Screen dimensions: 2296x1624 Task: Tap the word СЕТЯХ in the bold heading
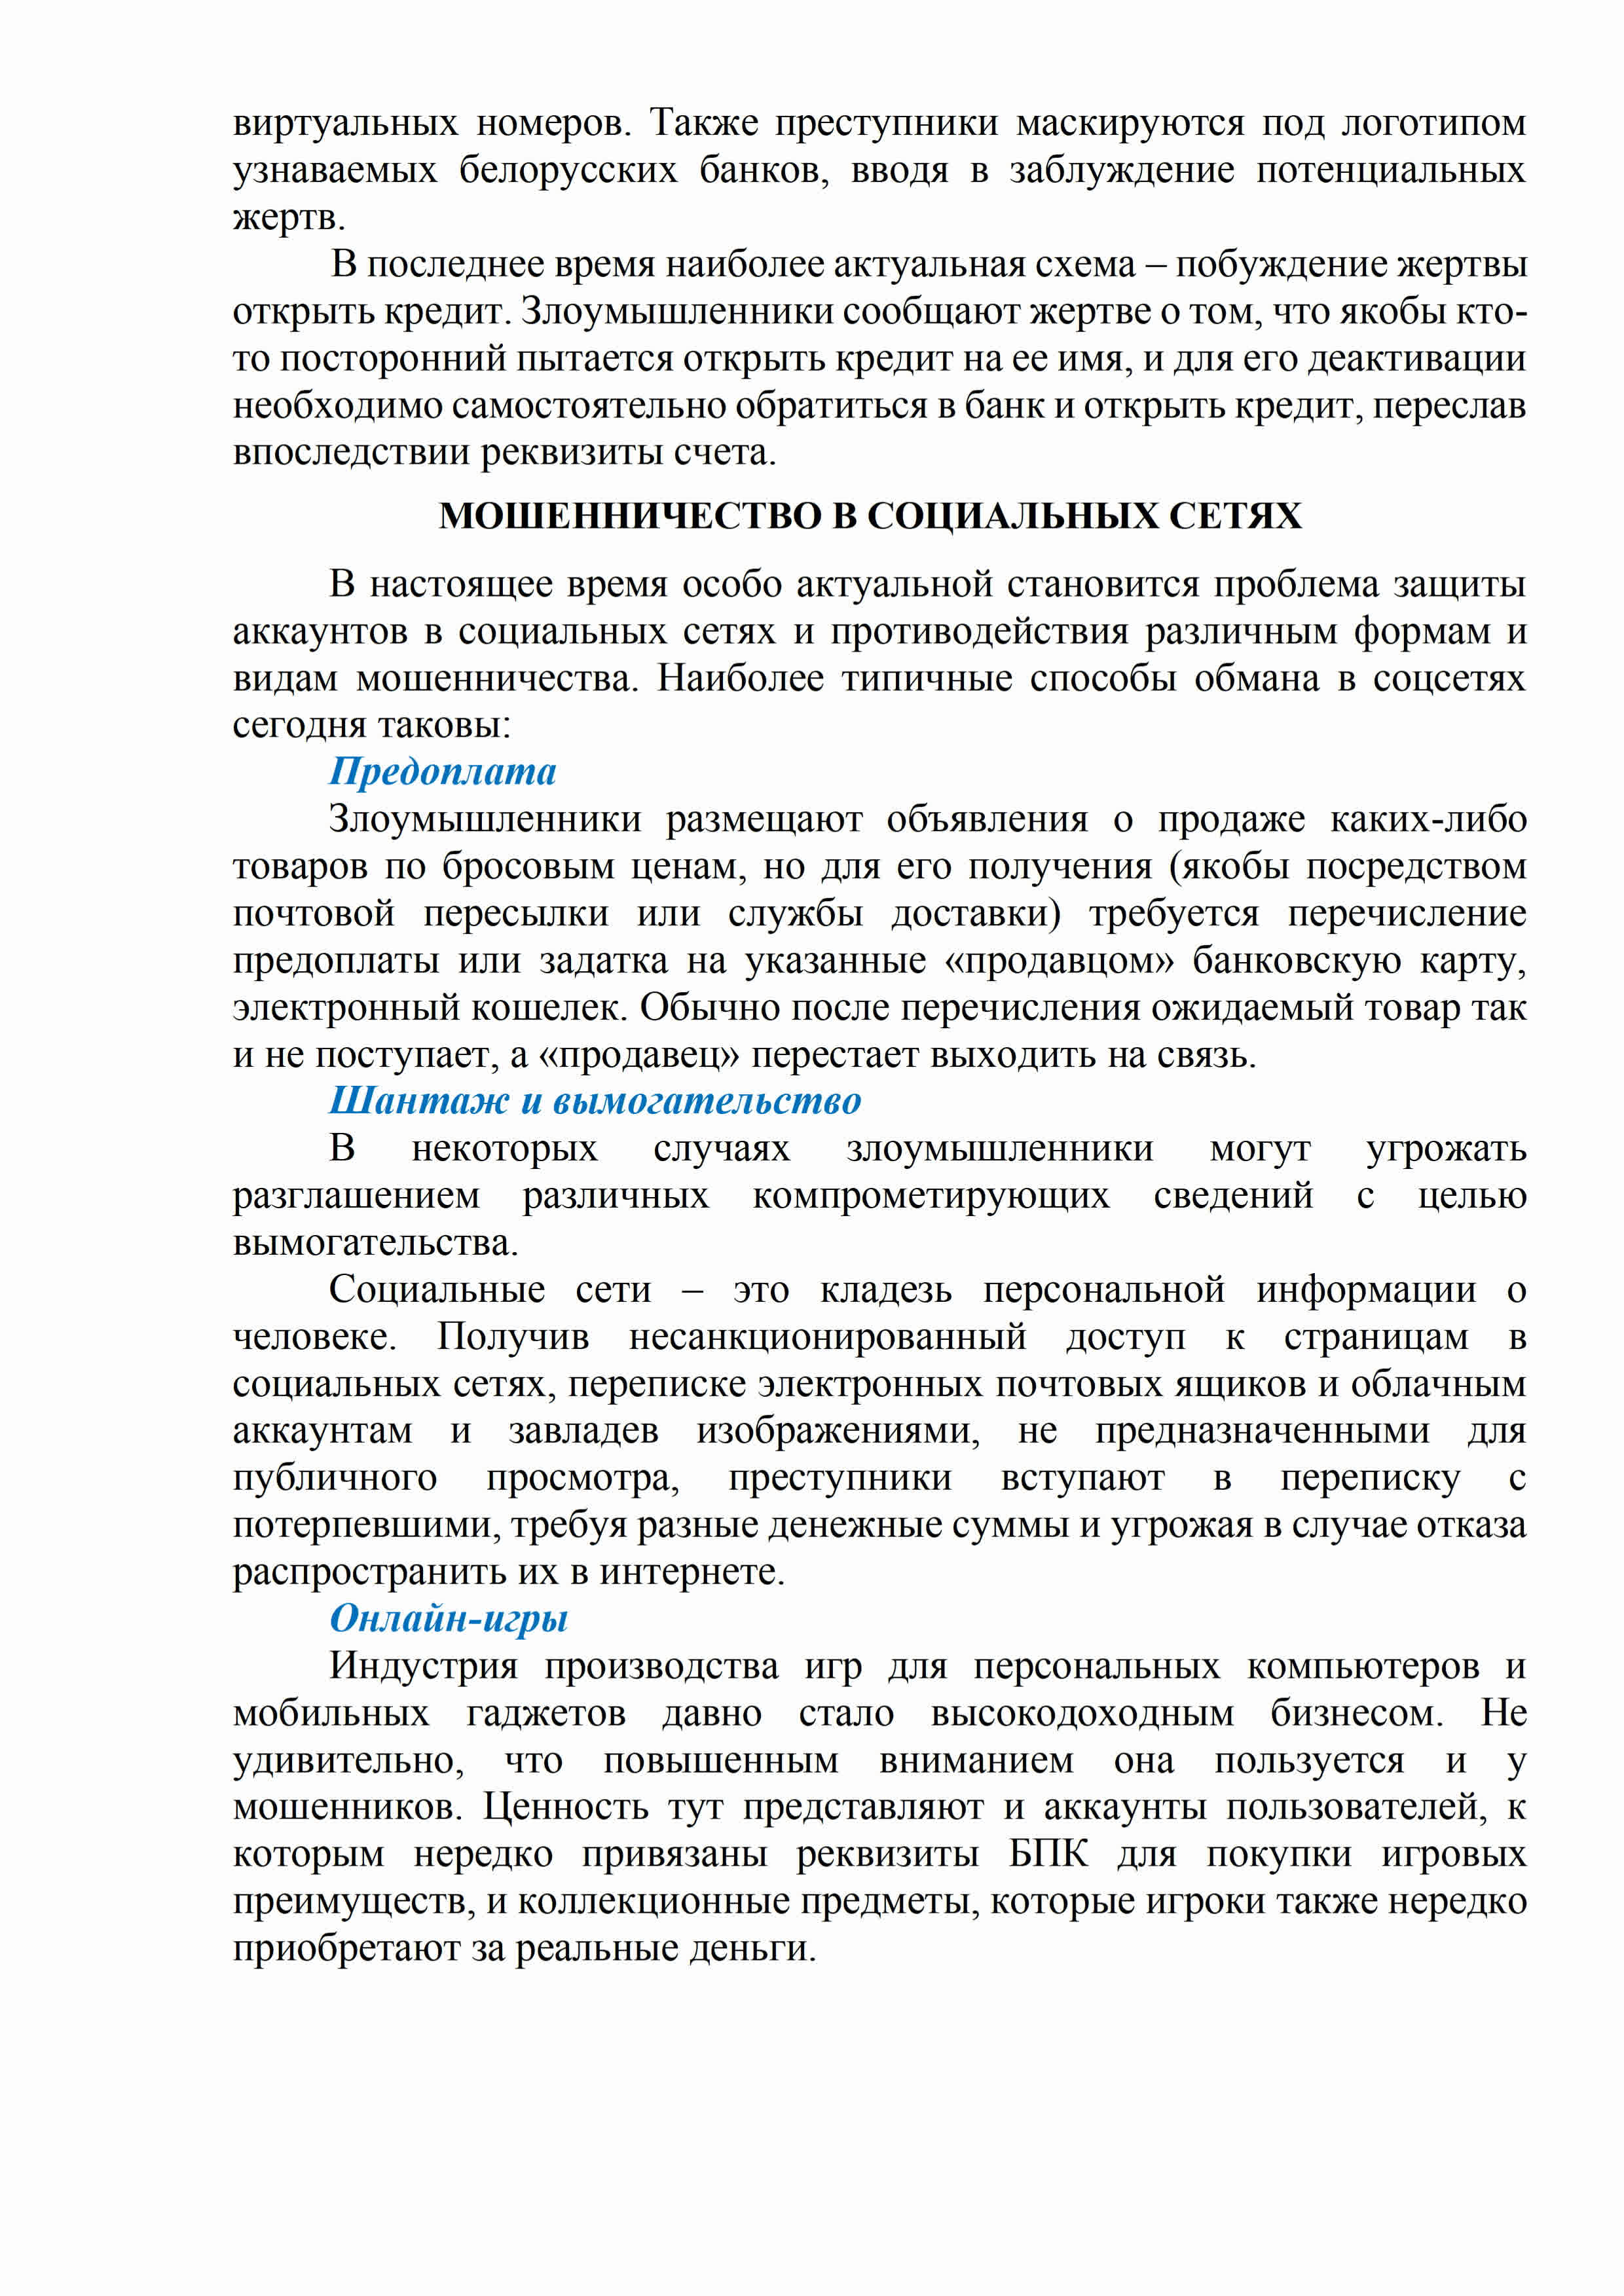tap(1235, 516)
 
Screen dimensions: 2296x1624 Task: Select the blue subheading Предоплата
tap(442, 771)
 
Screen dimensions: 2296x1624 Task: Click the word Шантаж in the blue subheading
tap(419, 1101)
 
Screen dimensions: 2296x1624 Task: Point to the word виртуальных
tap(345, 123)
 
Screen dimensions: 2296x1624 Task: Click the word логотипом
tap(1433, 123)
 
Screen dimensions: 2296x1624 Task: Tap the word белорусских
tap(568, 170)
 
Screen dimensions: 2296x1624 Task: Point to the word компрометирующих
tap(930, 1196)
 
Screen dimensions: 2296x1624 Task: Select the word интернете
tap(692, 1572)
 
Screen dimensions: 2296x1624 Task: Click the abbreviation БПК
tap(1047, 1854)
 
